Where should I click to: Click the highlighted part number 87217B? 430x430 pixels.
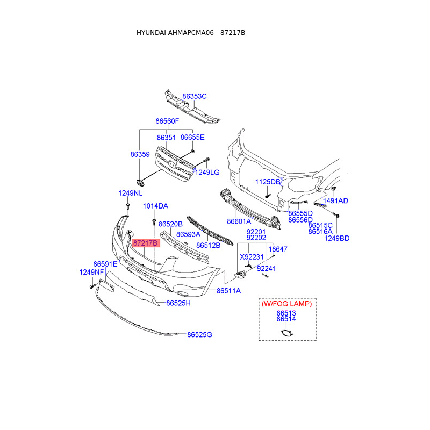coord(145,243)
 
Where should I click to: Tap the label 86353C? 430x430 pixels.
coord(194,96)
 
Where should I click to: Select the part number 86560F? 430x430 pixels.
coord(167,121)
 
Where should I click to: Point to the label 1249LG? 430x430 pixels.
coord(207,173)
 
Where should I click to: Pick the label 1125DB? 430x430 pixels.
coord(268,182)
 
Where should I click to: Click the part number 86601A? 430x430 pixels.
coord(239,221)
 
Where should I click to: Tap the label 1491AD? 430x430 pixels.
coord(335,201)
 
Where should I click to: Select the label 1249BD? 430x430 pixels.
coord(336,238)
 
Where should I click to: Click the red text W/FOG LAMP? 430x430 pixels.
coord(286,304)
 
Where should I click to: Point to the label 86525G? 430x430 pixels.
coord(200,335)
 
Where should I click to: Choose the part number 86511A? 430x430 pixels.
coord(228,291)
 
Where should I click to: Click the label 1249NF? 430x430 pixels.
coord(91,272)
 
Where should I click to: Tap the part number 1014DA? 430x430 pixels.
coord(155,206)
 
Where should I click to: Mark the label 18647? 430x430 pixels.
coord(278,249)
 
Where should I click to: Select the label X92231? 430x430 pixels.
coord(251,257)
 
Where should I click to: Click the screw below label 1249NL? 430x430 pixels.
coord(128,206)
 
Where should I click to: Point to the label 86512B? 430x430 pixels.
coord(208,246)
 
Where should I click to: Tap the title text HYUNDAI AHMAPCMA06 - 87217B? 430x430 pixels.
coord(191,33)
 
